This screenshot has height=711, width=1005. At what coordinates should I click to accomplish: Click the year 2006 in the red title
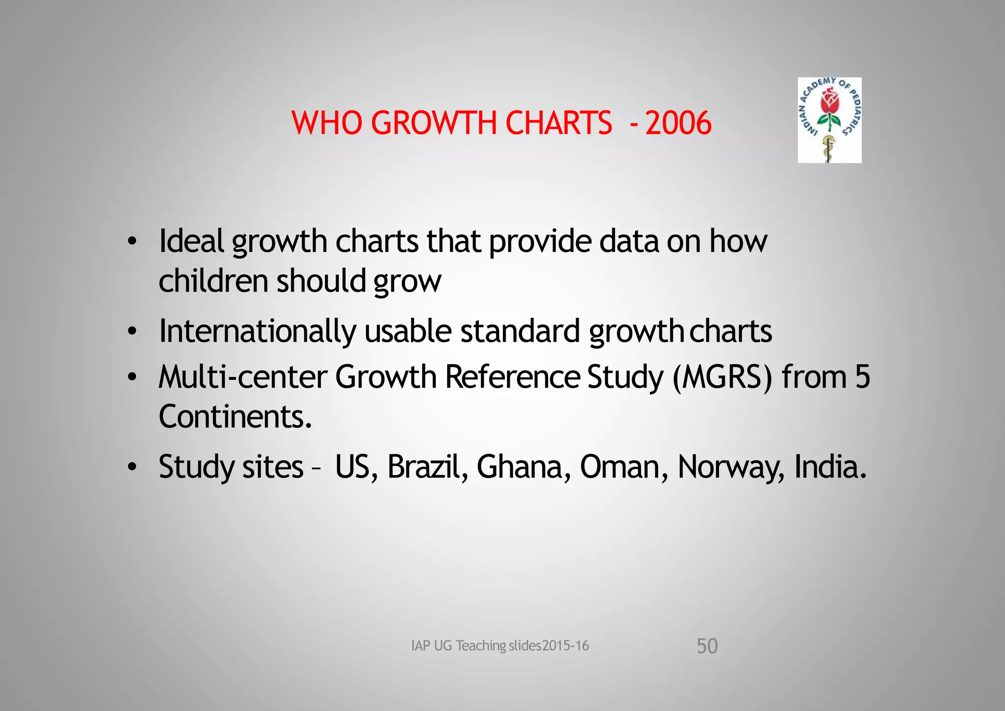678,123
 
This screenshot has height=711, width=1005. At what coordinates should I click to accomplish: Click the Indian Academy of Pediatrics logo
829,120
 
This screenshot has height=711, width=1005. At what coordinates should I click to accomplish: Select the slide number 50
707,646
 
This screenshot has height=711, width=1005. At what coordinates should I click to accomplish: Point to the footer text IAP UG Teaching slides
500,646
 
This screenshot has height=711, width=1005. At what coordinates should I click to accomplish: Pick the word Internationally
257,331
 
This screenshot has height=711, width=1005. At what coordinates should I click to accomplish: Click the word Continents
235,416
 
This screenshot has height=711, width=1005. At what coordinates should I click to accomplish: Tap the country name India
830,466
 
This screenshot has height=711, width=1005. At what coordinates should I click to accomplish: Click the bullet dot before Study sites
132,467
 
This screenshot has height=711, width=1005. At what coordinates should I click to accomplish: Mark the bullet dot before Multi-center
132,378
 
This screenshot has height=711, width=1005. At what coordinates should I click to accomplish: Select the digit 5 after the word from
862,377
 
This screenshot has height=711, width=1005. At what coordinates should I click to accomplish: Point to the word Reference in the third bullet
512,377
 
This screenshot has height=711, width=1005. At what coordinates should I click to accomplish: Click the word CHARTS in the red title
558,123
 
